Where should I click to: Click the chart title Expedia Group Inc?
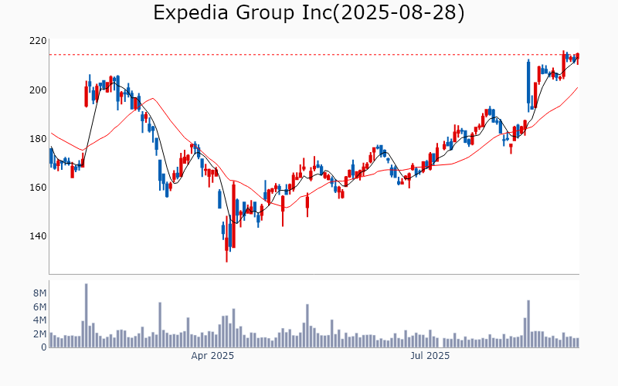pyautogui.click(x=308, y=13)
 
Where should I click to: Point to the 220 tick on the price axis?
pyautogui.click(x=37, y=41)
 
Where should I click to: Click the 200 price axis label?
pyautogui.click(x=37, y=90)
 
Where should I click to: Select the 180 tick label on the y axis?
pyautogui.click(x=37, y=139)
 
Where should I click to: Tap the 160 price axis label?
pyautogui.click(x=37, y=188)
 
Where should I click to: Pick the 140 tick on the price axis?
pyautogui.click(x=37, y=236)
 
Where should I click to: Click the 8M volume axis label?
pyautogui.click(x=40, y=293)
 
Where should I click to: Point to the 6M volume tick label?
pyautogui.click(x=40, y=306)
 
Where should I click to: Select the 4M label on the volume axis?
pyautogui.click(x=40, y=320)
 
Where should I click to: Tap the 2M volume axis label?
pyautogui.click(x=40, y=334)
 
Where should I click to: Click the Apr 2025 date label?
pyautogui.click(x=212, y=356)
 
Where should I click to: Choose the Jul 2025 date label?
pyautogui.click(x=430, y=356)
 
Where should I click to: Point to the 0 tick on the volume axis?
pyautogui.click(x=44, y=347)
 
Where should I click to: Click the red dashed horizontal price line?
pyautogui.click(x=309, y=54)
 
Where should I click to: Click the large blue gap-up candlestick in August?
pyautogui.click(x=528, y=82)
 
